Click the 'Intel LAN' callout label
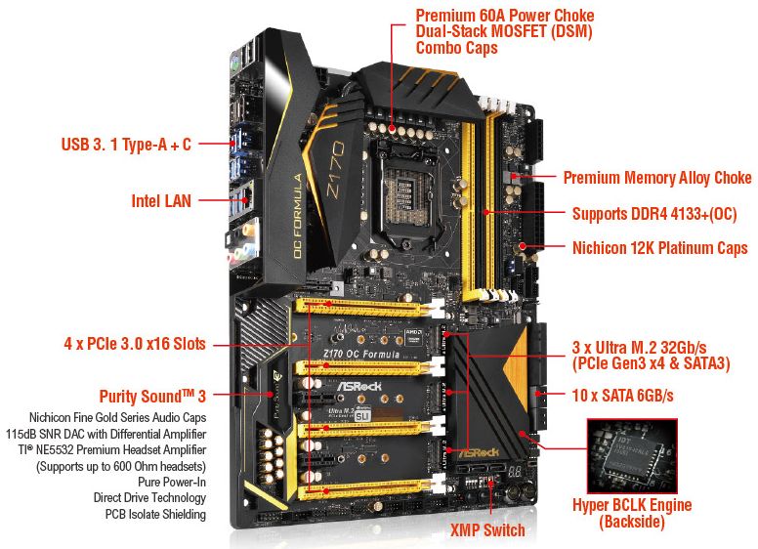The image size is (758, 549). click(x=161, y=200)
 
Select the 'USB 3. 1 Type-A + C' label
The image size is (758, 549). click(x=126, y=144)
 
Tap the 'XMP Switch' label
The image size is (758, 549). click(x=487, y=529)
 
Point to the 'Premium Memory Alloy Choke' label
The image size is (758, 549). click(x=657, y=178)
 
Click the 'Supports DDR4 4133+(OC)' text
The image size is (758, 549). click(x=654, y=214)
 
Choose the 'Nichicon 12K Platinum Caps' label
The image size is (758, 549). click(x=660, y=248)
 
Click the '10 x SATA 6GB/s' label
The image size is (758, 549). click(x=622, y=396)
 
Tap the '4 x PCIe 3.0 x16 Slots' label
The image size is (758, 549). click(x=135, y=344)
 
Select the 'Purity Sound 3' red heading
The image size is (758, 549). click(x=152, y=397)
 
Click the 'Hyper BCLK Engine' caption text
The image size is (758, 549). click(x=632, y=505)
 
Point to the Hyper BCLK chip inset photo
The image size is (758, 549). click(x=632, y=456)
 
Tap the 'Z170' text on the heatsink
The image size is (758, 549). click(x=335, y=169)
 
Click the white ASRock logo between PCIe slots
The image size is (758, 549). click(x=358, y=386)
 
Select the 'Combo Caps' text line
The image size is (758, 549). click(x=456, y=48)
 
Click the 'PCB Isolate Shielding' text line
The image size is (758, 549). click(x=155, y=514)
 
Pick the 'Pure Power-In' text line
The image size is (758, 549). click(x=172, y=482)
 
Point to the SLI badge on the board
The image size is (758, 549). click(x=361, y=415)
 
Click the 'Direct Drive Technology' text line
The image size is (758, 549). click(x=149, y=498)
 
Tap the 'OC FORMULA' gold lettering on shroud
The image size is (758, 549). click(x=298, y=216)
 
